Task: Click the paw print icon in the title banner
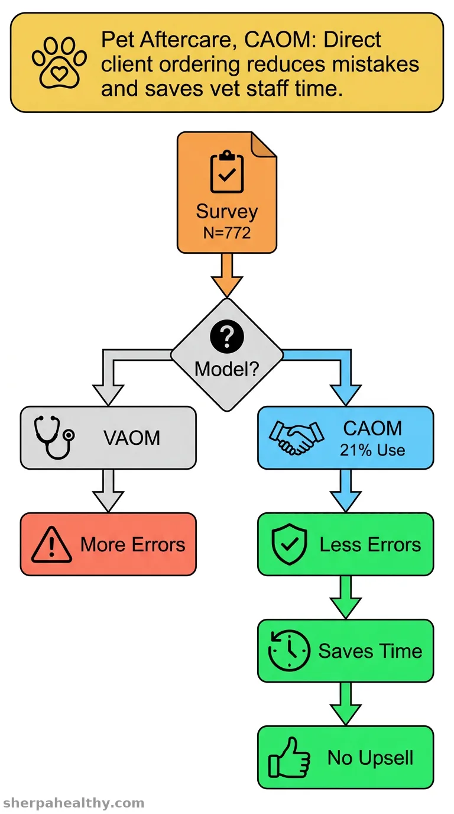59,63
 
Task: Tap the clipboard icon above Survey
227,171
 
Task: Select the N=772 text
227,232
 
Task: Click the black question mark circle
227,337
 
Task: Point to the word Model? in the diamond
227,369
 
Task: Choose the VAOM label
132,438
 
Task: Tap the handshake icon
296,437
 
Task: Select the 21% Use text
372,450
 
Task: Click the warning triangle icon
51,545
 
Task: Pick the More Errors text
133,544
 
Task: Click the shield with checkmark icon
290,544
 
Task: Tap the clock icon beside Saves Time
289,651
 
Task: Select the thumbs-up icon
289,757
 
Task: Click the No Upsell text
371,758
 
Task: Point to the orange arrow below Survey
227,275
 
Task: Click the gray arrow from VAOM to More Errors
108,490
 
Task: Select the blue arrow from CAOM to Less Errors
346,490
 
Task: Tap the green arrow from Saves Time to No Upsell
346,704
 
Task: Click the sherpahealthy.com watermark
74,802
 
